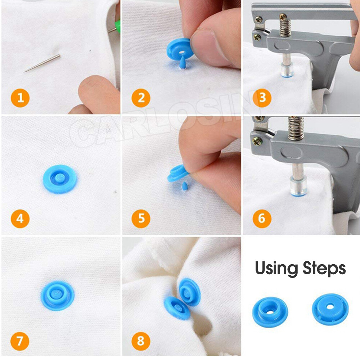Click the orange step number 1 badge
21,98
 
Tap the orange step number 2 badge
141,98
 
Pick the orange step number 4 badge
21,218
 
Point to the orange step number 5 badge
141,218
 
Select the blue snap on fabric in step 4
59,179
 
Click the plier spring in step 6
296,128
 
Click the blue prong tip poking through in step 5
185,186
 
